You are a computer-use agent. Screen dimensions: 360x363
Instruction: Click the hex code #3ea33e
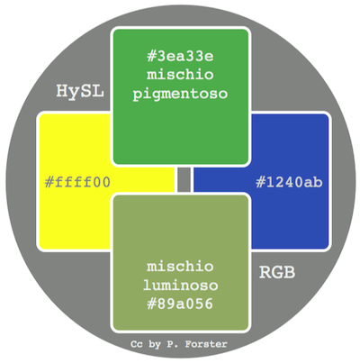pyautogui.click(x=180, y=56)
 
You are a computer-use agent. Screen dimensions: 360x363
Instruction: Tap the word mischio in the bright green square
pyautogui.click(x=180, y=74)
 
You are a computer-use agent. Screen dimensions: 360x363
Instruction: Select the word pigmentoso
pyautogui.click(x=180, y=94)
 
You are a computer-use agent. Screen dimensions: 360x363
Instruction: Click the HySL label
pyautogui.click(x=80, y=91)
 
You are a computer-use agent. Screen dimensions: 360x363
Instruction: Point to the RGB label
pyautogui.click(x=277, y=272)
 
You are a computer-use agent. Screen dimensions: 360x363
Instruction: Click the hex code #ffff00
pyautogui.click(x=77, y=182)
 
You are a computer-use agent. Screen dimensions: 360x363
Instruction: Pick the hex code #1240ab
pyautogui.click(x=289, y=182)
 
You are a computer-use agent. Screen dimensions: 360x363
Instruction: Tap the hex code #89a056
pyautogui.click(x=180, y=304)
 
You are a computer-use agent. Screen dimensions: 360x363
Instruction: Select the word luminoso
pyautogui.click(x=180, y=285)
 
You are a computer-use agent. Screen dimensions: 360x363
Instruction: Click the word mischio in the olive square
pyautogui.click(x=180, y=267)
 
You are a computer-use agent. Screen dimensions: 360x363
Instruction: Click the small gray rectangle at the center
pyautogui.click(x=184, y=179)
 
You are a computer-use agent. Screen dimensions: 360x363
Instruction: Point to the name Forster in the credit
pyautogui.click(x=206, y=344)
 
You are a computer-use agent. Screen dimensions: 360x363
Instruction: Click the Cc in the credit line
pyautogui.click(x=137, y=344)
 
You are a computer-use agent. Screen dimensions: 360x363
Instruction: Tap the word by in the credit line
pyautogui.click(x=155, y=345)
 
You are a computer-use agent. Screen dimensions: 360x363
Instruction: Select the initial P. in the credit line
pyautogui.click(x=173, y=344)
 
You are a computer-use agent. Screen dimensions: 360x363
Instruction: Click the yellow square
pyautogui.click(x=75, y=210)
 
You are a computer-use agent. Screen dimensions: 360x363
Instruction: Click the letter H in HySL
pyautogui.click(x=62, y=90)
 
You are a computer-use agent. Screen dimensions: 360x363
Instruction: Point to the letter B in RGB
pyautogui.click(x=289, y=272)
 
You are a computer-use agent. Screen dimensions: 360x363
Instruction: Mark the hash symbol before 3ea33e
pyautogui.click(x=150, y=56)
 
